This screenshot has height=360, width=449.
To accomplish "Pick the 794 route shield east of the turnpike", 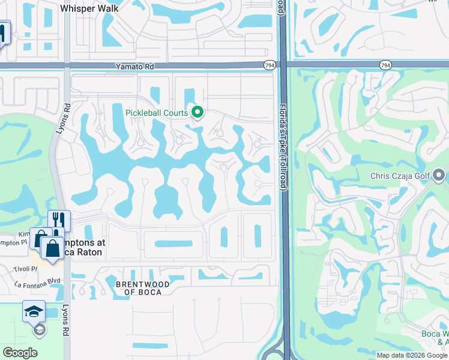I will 385,64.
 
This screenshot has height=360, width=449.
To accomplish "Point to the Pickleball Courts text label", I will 157,112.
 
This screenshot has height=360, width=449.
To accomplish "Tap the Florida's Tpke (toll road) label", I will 281,147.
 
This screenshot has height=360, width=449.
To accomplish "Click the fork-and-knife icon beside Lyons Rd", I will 59,221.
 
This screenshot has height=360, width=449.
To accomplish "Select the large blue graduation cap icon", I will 34,311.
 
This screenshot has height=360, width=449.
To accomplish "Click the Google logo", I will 20,353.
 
